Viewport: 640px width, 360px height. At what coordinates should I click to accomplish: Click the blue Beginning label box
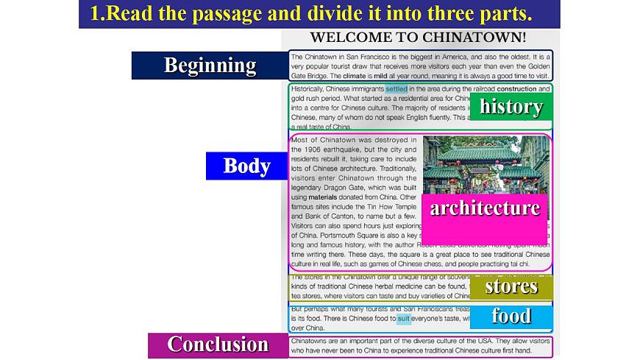pyautogui.click(x=209, y=66)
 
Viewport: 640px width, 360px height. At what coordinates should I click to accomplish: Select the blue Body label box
pyautogui.click(x=247, y=166)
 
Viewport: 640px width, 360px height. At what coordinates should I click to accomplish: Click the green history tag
pyautogui.click(x=511, y=107)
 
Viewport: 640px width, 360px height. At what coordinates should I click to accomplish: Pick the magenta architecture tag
pyautogui.click(x=485, y=208)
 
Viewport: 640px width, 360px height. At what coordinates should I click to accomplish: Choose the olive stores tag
pyautogui.click(x=511, y=286)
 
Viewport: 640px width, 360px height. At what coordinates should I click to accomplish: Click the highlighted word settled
pyautogui.click(x=396, y=89)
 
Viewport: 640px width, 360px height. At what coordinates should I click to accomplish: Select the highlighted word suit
pyautogui.click(x=404, y=319)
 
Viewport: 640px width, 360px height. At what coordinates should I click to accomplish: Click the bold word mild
pyautogui.click(x=380, y=76)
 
